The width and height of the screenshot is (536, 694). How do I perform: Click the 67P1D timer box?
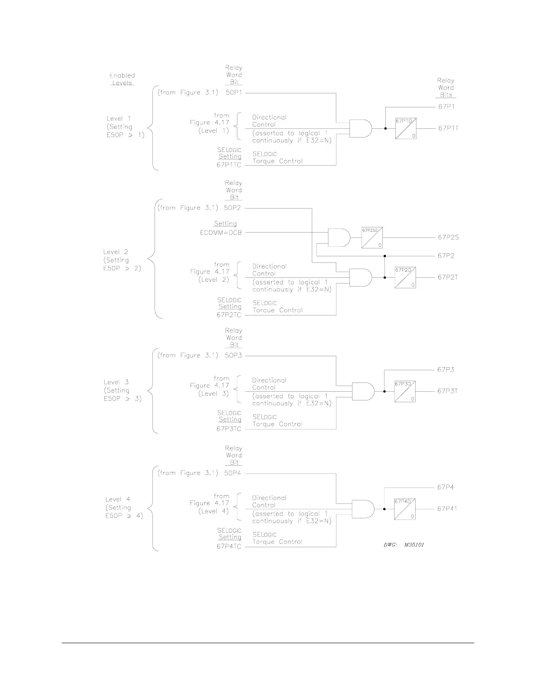pos(406,128)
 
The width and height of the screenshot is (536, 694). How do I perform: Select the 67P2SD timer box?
pos(372,237)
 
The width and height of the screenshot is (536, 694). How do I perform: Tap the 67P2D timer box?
pos(405,277)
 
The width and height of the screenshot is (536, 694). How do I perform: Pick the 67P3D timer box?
pos(405,391)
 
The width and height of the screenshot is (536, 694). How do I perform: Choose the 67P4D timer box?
pos(405,509)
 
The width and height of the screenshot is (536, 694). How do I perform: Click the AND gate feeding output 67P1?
pos(360,128)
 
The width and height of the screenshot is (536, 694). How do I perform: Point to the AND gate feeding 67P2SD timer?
pos(339,237)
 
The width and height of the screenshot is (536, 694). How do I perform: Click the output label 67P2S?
pos(448,237)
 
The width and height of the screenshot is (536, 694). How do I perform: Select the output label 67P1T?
pos(448,128)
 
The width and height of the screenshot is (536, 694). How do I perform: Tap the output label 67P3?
pos(445,370)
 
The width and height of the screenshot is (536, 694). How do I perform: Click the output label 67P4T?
pos(447,509)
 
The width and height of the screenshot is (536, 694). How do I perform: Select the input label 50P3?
pos(233,356)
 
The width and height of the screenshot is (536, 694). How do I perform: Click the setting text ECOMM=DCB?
pos(221,233)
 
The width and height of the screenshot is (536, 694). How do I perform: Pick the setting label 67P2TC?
pos(229,315)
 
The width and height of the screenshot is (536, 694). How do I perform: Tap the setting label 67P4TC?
pos(229,547)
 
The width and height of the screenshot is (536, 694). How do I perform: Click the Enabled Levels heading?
pos(122,79)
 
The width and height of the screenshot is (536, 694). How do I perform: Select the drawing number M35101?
pos(414,545)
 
